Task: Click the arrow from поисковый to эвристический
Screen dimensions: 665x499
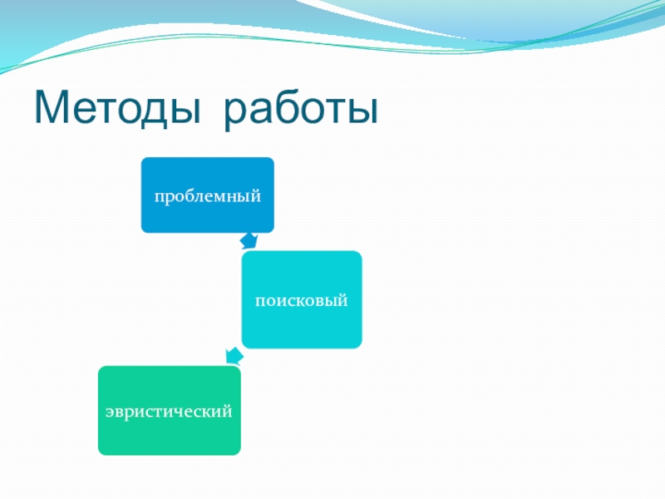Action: point(234,357)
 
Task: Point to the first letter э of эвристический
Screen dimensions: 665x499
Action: point(109,412)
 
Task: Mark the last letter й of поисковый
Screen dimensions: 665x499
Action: point(342,300)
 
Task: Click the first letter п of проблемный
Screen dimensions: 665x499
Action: point(155,197)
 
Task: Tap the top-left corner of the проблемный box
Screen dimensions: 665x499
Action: point(142,159)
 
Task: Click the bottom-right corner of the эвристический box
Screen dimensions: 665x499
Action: point(239,453)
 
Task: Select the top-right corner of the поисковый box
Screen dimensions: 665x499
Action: point(361,253)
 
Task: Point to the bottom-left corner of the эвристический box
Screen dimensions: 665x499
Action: point(99,453)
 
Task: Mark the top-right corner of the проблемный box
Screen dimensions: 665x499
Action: point(273,159)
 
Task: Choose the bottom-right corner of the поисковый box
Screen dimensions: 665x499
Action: point(361,347)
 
